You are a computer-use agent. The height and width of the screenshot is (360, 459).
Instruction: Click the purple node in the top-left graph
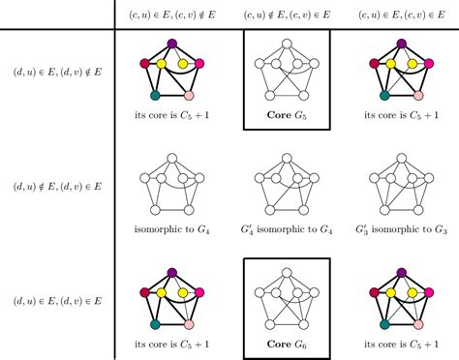(x=172, y=44)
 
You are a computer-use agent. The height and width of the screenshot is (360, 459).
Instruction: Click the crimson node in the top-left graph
(x=144, y=63)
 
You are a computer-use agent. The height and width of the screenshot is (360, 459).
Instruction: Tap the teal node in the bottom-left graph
(x=155, y=324)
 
